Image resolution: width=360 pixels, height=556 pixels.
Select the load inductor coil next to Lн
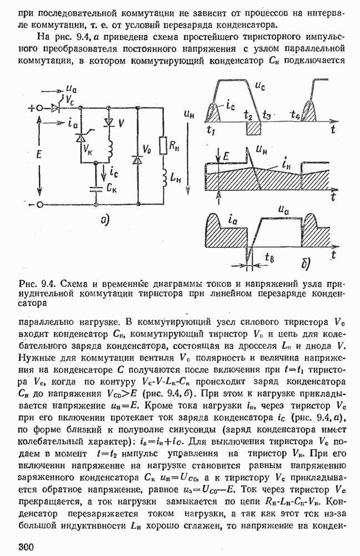[164, 176]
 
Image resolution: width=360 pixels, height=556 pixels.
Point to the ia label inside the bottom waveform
[233, 221]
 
